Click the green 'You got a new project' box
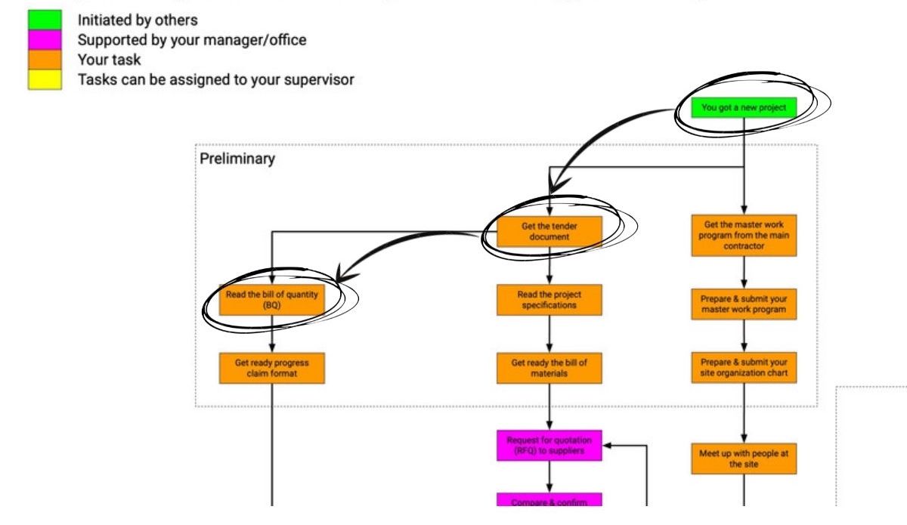(744, 107)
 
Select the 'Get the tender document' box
(549, 231)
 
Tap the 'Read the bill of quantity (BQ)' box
(271, 300)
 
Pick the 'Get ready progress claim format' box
(271, 368)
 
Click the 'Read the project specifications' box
(549, 300)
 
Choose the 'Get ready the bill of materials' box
(549, 368)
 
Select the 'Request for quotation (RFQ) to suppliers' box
(549, 446)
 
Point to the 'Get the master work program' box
(744, 235)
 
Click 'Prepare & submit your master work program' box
(744, 304)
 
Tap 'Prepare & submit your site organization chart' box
(744, 368)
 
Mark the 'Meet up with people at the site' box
(744, 459)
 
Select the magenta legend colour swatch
(45, 40)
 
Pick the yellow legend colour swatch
(45, 79)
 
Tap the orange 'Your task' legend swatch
(45, 60)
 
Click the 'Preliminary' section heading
(237, 159)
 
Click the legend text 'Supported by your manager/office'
(192, 40)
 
